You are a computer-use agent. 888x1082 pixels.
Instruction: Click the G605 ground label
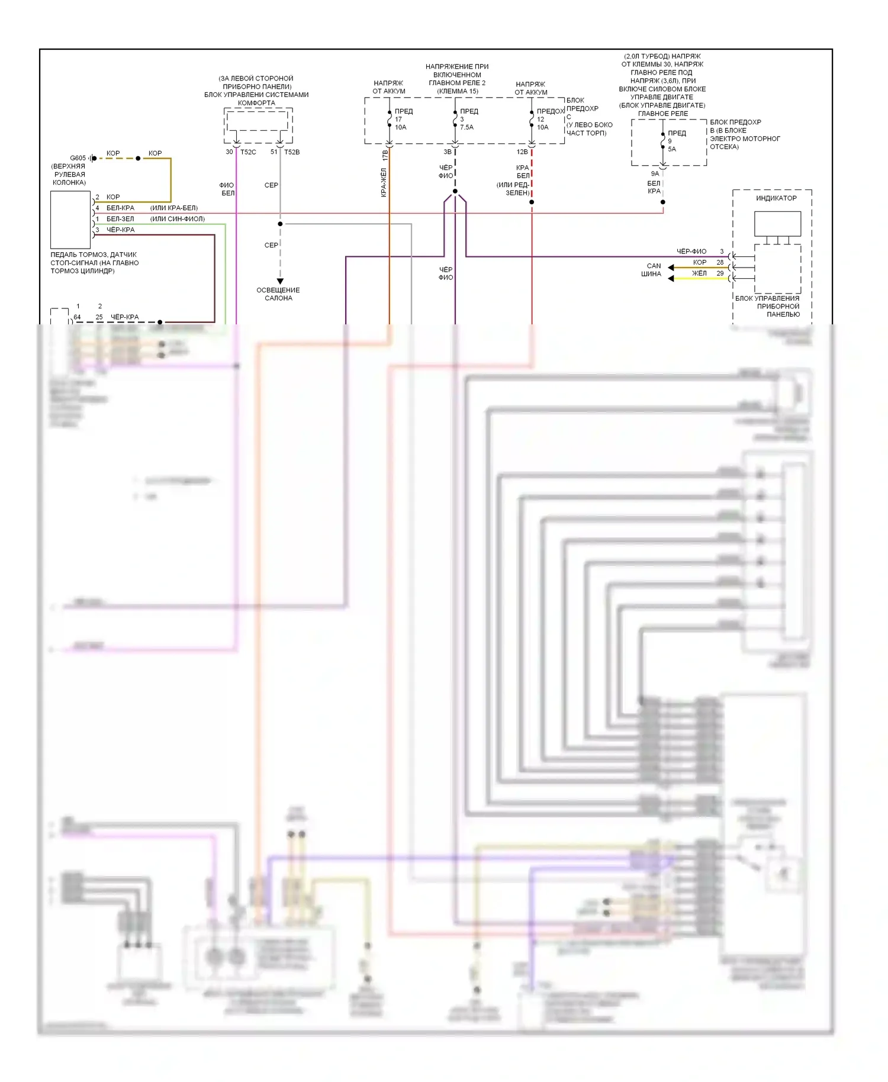click(78, 158)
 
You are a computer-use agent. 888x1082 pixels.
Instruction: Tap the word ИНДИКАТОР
click(776, 198)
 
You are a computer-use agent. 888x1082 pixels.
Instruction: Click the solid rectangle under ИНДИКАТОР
click(777, 224)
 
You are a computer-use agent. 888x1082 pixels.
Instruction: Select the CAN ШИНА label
click(652, 270)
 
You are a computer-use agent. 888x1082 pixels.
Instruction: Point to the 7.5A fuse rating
click(466, 127)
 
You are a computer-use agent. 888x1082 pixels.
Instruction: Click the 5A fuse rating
click(672, 149)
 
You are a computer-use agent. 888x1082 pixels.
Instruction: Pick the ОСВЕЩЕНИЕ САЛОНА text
click(278, 294)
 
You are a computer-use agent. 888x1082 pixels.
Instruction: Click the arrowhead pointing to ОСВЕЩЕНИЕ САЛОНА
click(280, 282)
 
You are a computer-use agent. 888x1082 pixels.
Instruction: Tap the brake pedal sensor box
click(70, 220)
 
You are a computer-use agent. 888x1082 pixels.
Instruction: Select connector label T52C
click(248, 152)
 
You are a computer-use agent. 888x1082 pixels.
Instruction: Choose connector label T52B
click(292, 152)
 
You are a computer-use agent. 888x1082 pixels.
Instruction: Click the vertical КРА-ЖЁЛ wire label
click(384, 182)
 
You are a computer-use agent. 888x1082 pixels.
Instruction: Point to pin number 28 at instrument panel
click(720, 262)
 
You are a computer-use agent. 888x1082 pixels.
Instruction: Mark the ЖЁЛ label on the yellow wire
click(699, 273)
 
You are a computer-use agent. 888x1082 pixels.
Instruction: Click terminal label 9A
click(655, 174)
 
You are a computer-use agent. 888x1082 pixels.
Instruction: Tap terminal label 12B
click(522, 152)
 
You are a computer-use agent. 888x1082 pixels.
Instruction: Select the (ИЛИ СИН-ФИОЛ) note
click(178, 219)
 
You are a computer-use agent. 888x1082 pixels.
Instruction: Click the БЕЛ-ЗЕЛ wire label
click(120, 219)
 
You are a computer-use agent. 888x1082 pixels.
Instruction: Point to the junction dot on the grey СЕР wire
click(280, 224)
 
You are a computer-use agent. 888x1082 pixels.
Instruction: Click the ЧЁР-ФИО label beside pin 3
click(691, 252)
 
